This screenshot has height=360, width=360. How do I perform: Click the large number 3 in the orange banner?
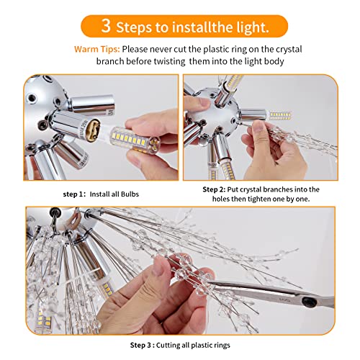tap(106, 25)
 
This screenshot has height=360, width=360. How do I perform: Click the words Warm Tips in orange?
tap(96, 49)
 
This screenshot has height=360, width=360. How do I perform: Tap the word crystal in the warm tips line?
tap(289, 50)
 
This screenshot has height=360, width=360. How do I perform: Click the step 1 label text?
tap(74, 194)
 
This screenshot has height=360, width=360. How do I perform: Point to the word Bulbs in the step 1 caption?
tap(130, 194)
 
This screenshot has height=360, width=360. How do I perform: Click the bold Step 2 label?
tap(214, 189)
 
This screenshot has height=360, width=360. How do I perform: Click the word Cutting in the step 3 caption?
tap(168, 346)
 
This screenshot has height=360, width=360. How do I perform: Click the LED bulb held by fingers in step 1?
tap(135, 140)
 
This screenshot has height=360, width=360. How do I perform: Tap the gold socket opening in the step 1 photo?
tap(95, 128)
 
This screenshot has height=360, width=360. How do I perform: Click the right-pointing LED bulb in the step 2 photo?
tap(279, 116)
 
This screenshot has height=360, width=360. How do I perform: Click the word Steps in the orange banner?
tap(134, 27)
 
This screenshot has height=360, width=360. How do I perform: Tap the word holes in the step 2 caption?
tap(221, 199)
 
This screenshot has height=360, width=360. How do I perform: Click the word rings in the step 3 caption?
tap(222, 346)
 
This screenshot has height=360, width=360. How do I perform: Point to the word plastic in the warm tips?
tap(216, 50)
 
